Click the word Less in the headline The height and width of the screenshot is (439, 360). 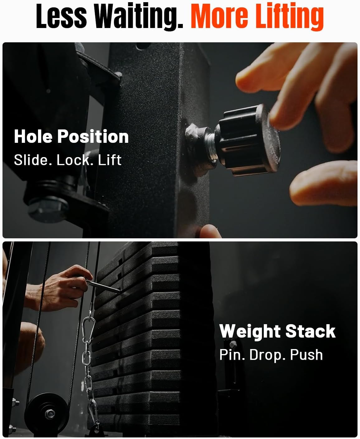pos(61,16)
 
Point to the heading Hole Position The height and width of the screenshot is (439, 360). pos(71,137)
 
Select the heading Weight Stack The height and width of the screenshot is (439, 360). pos(277,331)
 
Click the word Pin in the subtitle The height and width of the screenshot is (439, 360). pos(232,355)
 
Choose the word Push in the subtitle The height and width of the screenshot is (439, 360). pos(306,355)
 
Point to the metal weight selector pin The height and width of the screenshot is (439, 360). pos(103,287)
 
